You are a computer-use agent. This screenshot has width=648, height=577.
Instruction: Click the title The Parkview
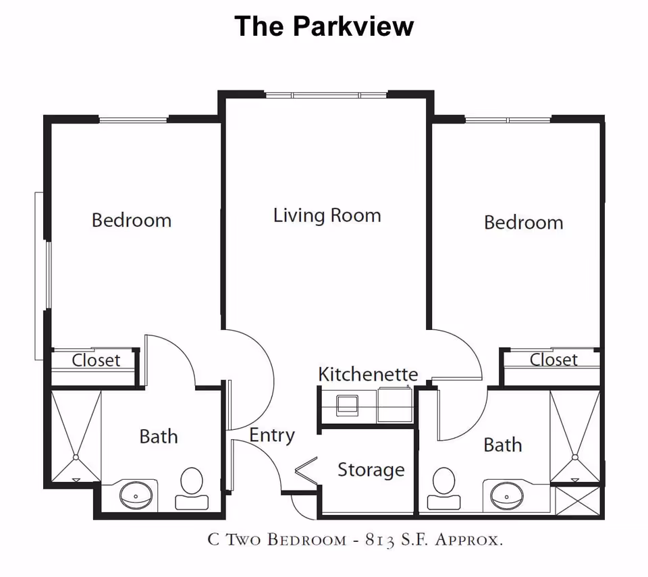click(x=324, y=26)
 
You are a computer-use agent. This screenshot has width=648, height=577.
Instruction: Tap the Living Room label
click(x=327, y=215)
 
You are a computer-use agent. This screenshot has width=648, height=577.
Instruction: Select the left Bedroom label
click(x=132, y=220)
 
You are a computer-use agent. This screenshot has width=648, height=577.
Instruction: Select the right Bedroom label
click(x=523, y=222)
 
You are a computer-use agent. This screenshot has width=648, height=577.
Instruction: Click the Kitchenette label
click(x=368, y=374)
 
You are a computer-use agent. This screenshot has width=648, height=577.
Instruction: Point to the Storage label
click(x=371, y=469)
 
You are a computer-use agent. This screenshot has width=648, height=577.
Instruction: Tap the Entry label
click(x=271, y=435)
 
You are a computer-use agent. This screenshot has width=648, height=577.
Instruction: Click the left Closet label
click(x=96, y=360)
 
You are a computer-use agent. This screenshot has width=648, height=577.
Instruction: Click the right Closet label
click(x=553, y=360)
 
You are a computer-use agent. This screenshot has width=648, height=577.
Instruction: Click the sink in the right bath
click(x=508, y=496)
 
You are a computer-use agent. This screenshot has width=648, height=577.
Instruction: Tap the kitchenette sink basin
click(x=348, y=404)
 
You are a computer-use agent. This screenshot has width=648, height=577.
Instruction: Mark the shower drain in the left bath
click(x=76, y=457)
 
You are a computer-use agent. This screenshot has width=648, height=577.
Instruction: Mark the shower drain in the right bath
click(x=576, y=457)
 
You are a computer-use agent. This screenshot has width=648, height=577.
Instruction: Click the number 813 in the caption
click(x=385, y=539)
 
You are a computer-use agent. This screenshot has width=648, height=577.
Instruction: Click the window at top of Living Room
click(x=325, y=94)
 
